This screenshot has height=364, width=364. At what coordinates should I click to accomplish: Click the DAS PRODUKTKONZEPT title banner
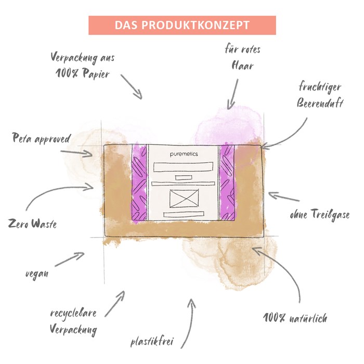point(182,25)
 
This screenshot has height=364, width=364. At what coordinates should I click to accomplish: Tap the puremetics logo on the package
point(184,154)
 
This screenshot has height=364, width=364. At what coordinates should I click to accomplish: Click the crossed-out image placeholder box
point(184,199)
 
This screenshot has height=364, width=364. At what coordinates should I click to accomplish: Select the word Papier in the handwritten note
point(96,74)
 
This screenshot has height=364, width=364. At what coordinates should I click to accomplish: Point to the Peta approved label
point(41,138)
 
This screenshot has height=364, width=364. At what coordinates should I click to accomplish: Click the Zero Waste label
point(32,224)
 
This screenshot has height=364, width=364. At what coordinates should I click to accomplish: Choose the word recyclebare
point(73,314)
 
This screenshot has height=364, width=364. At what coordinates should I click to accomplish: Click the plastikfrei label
point(152,342)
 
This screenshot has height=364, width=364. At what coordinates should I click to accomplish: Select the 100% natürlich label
point(295,318)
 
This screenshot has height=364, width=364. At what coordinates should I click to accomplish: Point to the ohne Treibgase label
point(320,214)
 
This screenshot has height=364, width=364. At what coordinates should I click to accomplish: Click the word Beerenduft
point(320,103)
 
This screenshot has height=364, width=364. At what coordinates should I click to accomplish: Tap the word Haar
point(242,66)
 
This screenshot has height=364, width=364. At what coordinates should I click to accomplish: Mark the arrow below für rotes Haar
point(233,94)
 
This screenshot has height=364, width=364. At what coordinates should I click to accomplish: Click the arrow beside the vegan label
point(70,259)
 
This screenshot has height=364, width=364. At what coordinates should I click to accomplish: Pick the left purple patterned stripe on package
point(139,183)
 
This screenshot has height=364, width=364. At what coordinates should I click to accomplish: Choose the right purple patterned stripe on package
point(227,183)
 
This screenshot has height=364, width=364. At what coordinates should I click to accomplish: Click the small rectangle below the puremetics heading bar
point(184,178)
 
